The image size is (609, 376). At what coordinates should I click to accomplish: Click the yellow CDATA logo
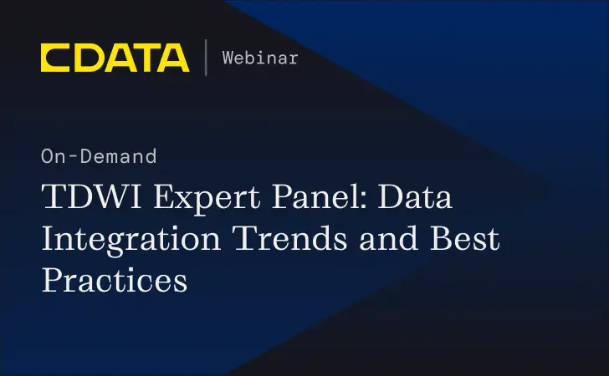(115, 57)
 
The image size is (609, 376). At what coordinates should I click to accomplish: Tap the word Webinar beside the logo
(260, 58)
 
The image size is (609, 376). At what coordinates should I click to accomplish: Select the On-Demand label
(98, 156)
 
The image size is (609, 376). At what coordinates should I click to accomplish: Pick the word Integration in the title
(130, 241)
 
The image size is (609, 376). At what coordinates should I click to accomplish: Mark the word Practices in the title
(115, 278)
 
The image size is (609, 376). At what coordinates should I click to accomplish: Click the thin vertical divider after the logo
(206, 57)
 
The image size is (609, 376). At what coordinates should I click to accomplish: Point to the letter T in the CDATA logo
(143, 57)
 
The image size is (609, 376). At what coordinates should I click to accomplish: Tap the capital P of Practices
(52, 278)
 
